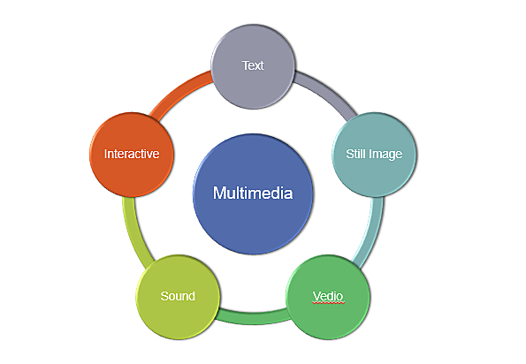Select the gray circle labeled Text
pos(254,66)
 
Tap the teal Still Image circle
pos(373,154)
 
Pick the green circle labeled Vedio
pos(328,295)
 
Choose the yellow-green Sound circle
pos(178,295)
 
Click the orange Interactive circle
pos(132,154)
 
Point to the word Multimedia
pos(253,193)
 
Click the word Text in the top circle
pos(254,66)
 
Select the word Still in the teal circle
pos(356,154)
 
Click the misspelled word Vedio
pos(328,294)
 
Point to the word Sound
pos(178,295)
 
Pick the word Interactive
pos(132,154)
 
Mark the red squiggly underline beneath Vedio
pos(328,302)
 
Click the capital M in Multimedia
pos(220,193)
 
